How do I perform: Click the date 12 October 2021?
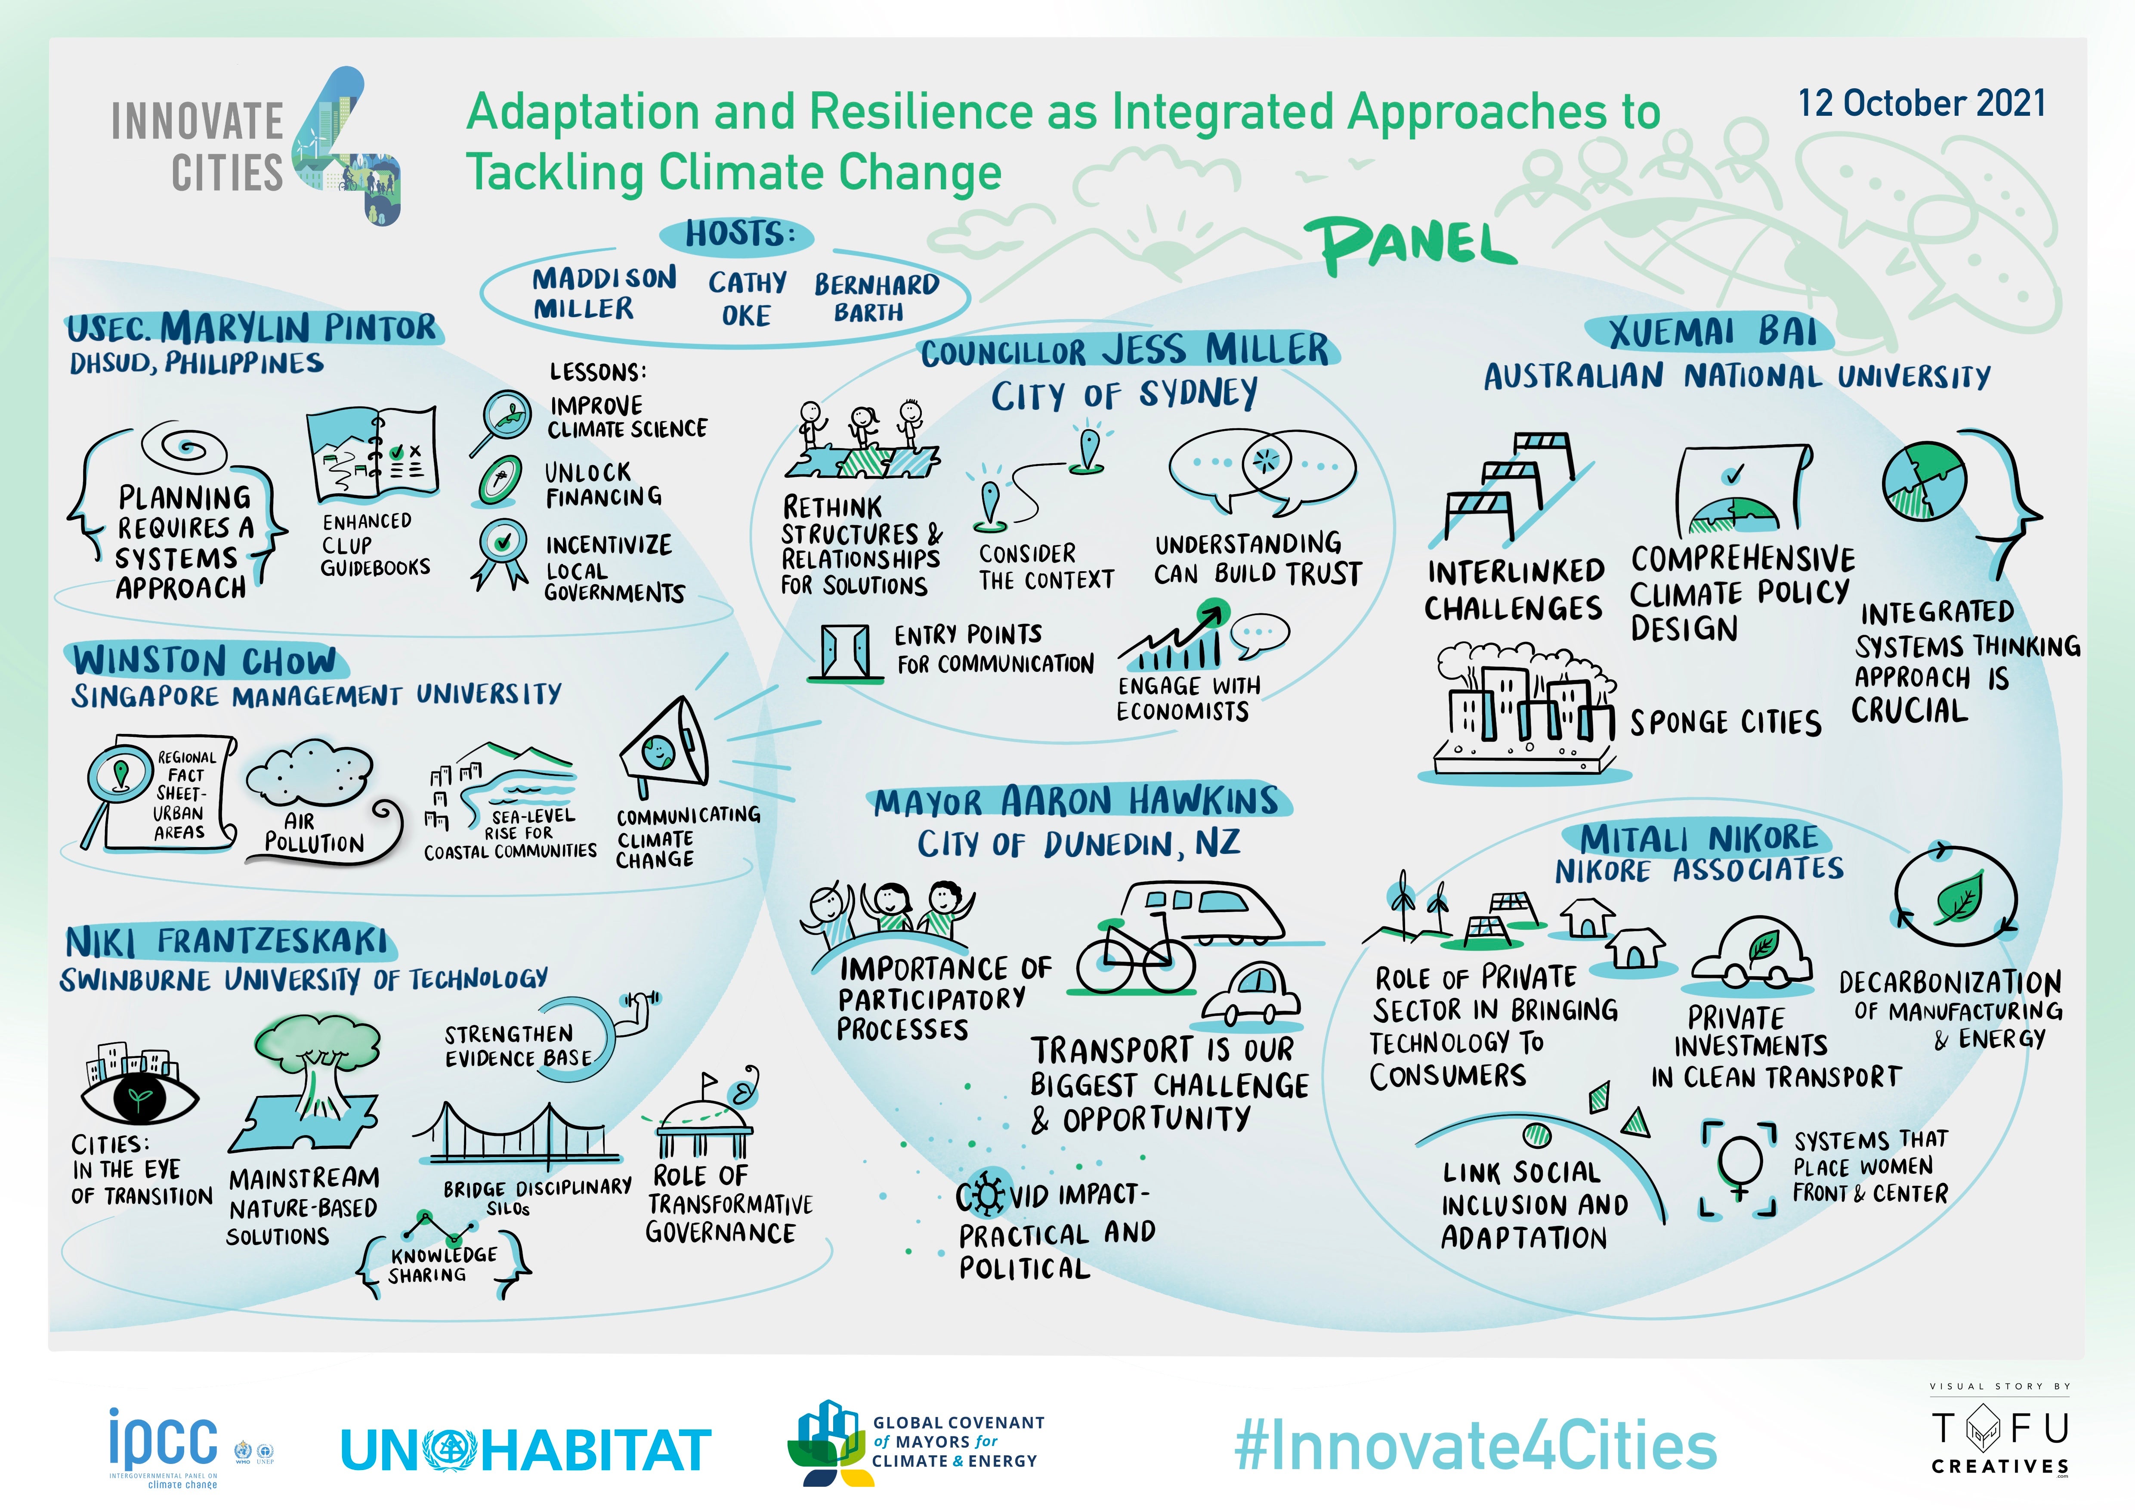click(1921, 103)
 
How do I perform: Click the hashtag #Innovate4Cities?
click(1476, 1446)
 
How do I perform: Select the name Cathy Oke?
click(747, 298)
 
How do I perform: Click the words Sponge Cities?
click(1725, 722)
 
